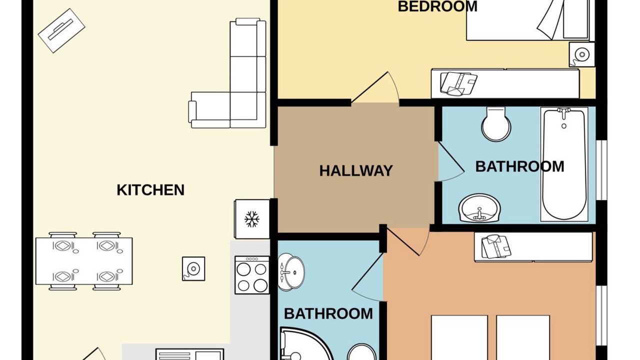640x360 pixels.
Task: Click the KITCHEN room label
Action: point(150,190)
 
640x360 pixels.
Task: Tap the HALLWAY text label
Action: point(356,171)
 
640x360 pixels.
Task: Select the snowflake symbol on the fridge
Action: point(251,219)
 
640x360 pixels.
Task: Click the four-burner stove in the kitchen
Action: point(252,275)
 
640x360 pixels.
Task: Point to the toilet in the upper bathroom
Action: point(496,124)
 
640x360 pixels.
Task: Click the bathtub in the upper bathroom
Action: point(564,164)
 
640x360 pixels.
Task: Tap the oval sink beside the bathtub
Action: point(479,208)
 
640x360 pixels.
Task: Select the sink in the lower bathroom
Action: point(291,273)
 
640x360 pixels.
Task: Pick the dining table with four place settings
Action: point(84,261)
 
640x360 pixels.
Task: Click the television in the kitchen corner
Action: point(61,30)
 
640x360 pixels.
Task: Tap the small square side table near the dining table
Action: point(193,268)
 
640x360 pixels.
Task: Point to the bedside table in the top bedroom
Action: point(581,54)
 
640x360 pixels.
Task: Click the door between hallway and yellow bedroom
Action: point(375,88)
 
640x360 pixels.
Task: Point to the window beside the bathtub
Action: point(601,170)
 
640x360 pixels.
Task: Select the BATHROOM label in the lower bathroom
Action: point(328,313)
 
